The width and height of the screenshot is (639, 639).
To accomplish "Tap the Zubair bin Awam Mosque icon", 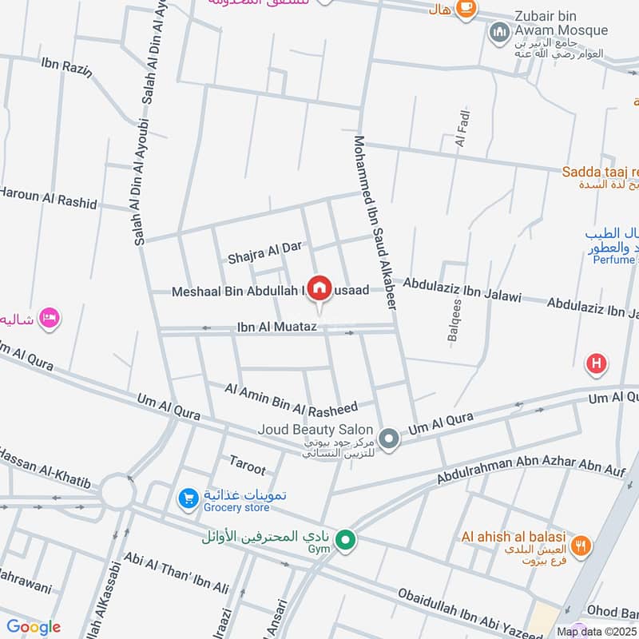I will (500, 33).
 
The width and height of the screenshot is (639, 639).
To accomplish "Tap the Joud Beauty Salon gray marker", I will (389, 439).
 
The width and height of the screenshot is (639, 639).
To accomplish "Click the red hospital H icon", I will (596, 365).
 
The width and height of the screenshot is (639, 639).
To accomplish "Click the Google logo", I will (34, 627).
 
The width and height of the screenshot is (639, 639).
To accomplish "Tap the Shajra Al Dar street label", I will (264, 252).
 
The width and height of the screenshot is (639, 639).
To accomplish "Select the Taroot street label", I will (247, 464).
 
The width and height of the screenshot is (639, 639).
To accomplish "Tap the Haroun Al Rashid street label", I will (48, 198).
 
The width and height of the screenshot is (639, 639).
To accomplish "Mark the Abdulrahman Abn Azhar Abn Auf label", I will (530, 472).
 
